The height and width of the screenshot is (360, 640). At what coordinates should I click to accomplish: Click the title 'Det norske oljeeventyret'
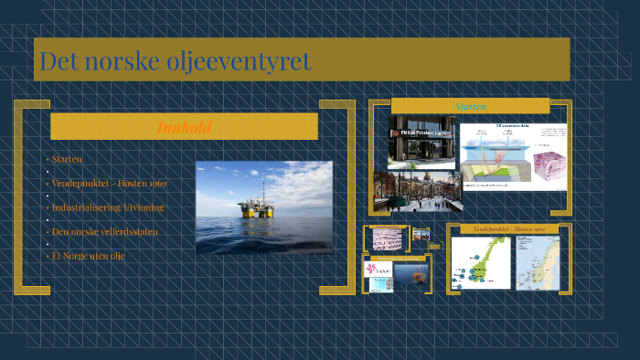[x=175, y=61]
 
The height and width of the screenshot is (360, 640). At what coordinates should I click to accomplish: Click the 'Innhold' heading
[x=184, y=127]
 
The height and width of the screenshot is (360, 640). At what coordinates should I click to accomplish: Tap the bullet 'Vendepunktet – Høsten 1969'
[x=109, y=184]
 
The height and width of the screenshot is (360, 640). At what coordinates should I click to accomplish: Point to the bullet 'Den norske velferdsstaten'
[x=105, y=232]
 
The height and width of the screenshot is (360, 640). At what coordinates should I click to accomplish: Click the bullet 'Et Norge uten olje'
[x=89, y=257]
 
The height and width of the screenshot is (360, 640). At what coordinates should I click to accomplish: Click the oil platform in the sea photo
[x=249, y=207]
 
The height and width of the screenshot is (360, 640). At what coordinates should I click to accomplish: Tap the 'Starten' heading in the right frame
[x=470, y=106]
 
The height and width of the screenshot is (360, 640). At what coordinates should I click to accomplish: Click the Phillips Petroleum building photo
[x=421, y=142]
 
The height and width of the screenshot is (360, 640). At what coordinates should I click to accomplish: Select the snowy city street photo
[x=417, y=191]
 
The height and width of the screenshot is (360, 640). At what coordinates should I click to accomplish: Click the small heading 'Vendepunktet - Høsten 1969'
[x=508, y=228]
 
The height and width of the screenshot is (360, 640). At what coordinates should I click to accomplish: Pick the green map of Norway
[x=480, y=263]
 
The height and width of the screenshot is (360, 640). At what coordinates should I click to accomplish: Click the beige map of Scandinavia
[x=539, y=263]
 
